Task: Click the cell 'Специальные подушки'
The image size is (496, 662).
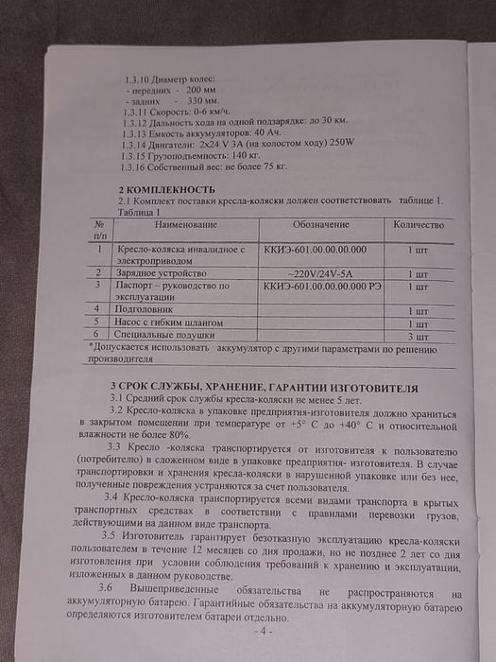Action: (162, 335)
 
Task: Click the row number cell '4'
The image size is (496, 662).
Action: (98, 309)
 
